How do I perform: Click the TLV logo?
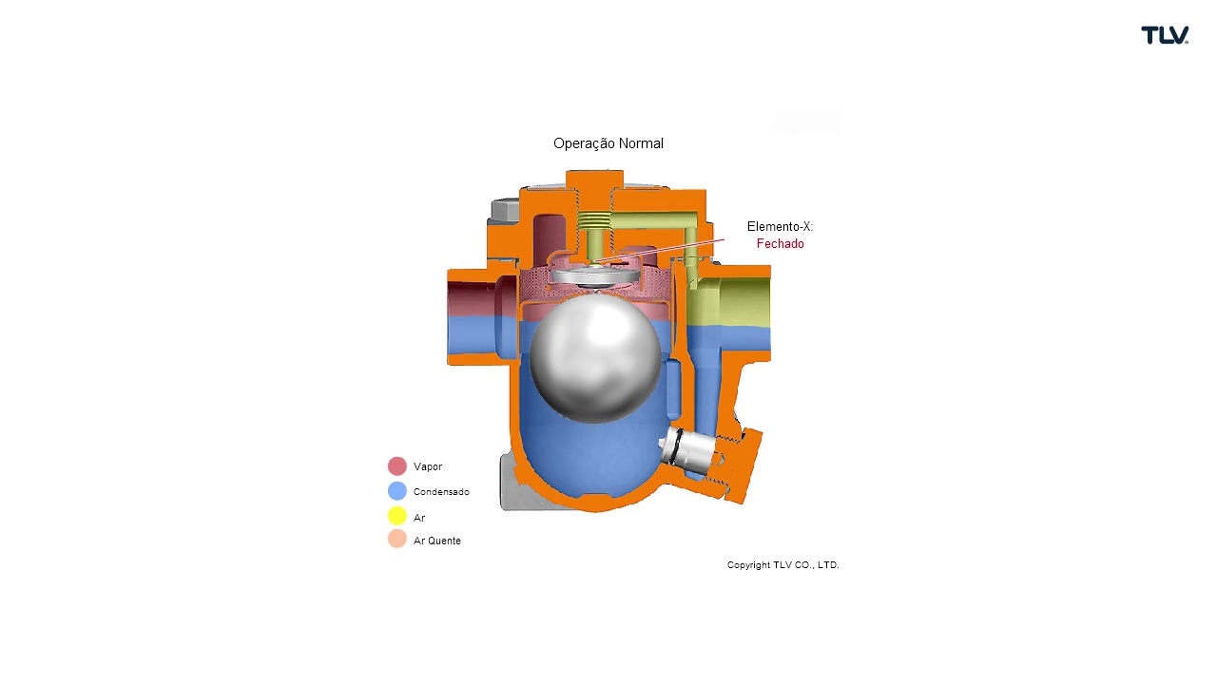pos(1165,35)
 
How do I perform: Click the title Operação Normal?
pos(608,143)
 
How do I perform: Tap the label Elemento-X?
pos(780,226)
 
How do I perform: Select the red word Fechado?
pos(780,244)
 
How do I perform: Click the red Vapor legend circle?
pos(397,465)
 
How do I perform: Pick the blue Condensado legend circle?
pos(397,491)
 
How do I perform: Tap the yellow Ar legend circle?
pos(397,516)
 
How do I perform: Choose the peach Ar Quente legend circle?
pos(397,539)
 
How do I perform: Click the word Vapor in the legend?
pos(428,466)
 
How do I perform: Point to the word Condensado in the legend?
pos(441,492)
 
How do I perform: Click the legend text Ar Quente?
pos(436,541)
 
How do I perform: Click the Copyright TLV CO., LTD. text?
pos(782,565)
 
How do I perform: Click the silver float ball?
pos(595,359)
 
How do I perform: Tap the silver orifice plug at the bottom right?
pos(686,448)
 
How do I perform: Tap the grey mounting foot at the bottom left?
pos(516,484)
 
